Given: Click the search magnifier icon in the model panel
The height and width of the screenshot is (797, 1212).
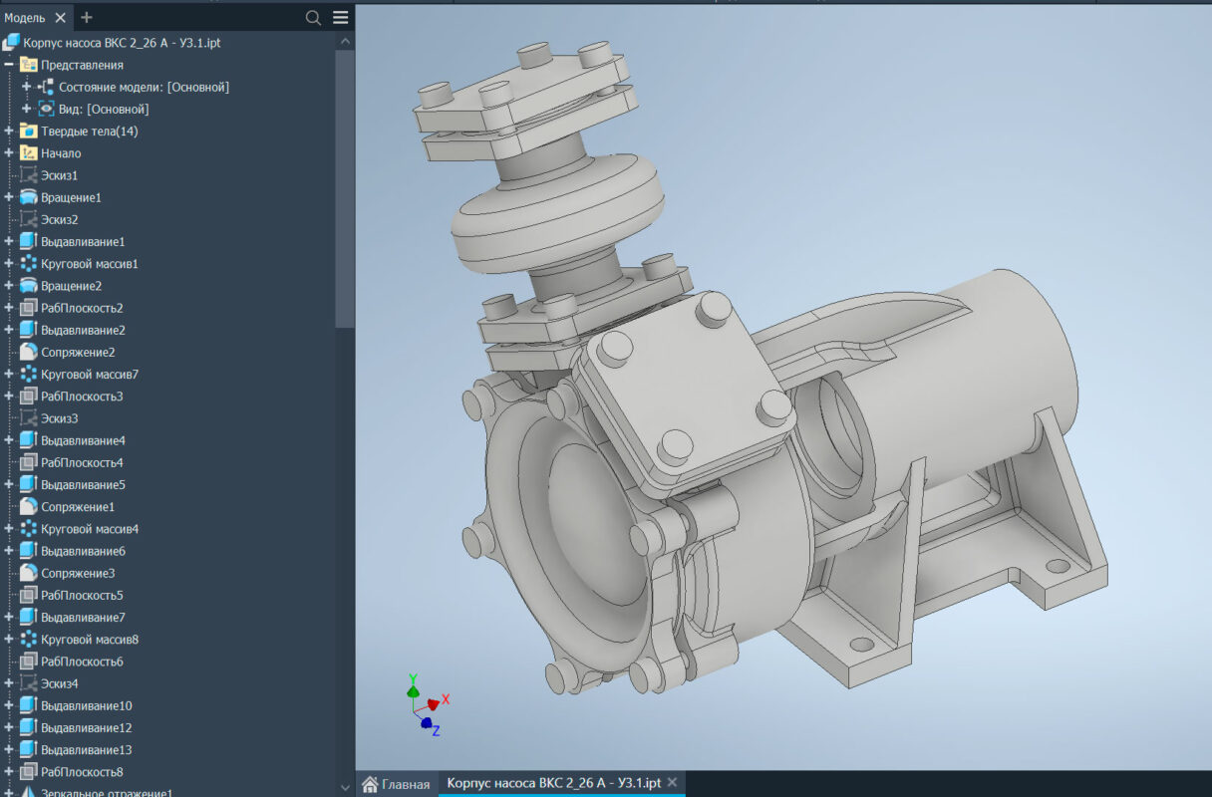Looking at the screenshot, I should pyautogui.click(x=313, y=18).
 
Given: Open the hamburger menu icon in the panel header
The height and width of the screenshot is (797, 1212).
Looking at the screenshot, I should pyautogui.click(x=341, y=18).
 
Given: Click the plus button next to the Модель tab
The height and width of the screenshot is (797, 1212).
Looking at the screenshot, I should pyautogui.click(x=87, y=18).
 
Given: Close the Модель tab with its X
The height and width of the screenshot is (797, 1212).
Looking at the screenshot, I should pyautogui.click(x=60, y=18).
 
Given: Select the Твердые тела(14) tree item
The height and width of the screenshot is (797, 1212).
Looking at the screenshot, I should pyautogui.click(x=89, y=132).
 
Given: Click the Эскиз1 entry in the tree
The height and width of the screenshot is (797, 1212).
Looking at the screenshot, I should pyautogui.click(x=59, y=175).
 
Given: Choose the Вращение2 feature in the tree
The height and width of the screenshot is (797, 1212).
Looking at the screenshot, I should pyautogui.click(x=71, y=286).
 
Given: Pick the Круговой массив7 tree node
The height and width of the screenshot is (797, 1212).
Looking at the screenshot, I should pyautogui.click(x=89, y=375).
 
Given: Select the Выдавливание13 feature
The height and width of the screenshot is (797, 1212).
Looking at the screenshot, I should pyautogui.click(x=86, y=750).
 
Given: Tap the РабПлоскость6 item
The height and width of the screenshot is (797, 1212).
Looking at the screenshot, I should pyautogui.click(x=82, y=662).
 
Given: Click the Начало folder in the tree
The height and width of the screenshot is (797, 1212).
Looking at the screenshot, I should pyautogui.click(x=61, y=153).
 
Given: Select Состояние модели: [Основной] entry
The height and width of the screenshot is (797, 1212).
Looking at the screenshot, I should pyautogui.click(x=144, y=88).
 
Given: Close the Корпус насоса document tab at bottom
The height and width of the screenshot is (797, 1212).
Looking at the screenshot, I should pyautogui.click(x=672, y=783).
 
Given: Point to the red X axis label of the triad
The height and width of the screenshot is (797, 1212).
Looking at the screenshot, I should pyautogui.click(x=446, y=699).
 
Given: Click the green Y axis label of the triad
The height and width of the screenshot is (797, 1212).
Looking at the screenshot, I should pyautogui.click(x=413, y=679).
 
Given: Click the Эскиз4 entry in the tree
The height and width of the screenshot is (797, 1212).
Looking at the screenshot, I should pyautogui.click(x=59, y=683).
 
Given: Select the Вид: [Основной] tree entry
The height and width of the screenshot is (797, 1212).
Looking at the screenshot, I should pyautogui.click(x=104, y=110).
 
